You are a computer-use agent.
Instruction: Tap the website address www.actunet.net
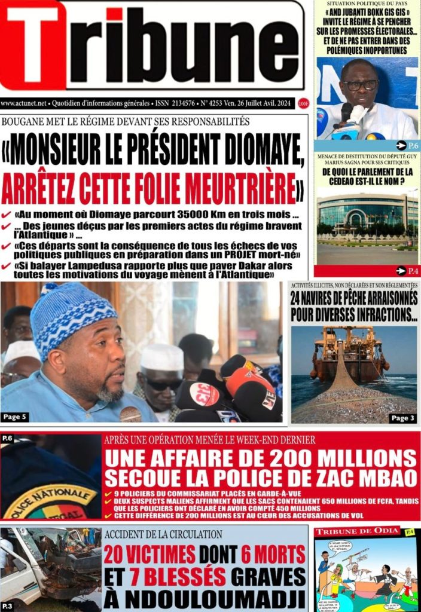pos(25,103)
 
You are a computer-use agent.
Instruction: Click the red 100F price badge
pos(303,103)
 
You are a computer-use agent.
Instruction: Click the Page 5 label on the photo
pos(16,417)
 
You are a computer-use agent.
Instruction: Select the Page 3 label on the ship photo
pos(402,418)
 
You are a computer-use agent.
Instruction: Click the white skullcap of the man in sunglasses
pos(161,357)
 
